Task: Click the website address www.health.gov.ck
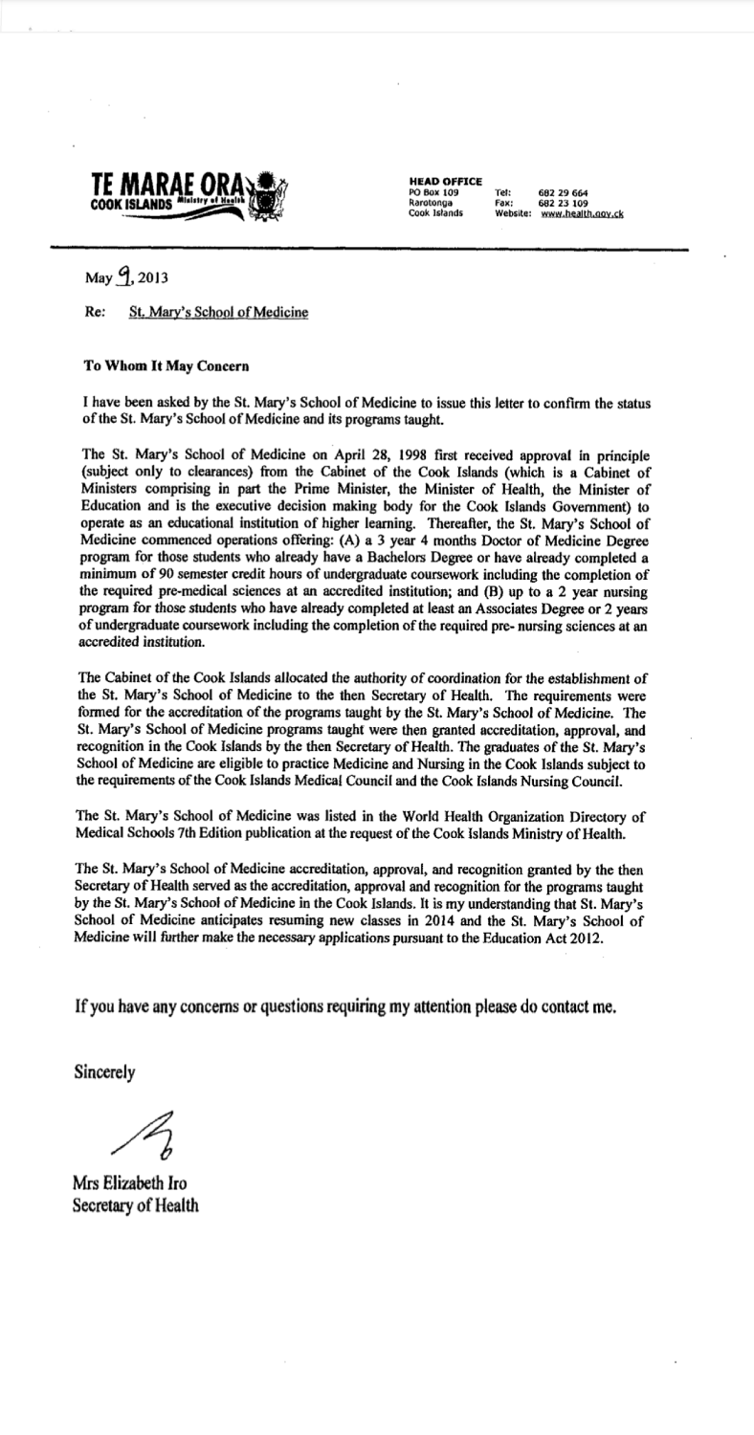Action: [x=582, y=214]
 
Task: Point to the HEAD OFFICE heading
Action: [x=445, y=181]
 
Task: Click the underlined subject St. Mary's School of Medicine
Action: [x=219, y=310]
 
